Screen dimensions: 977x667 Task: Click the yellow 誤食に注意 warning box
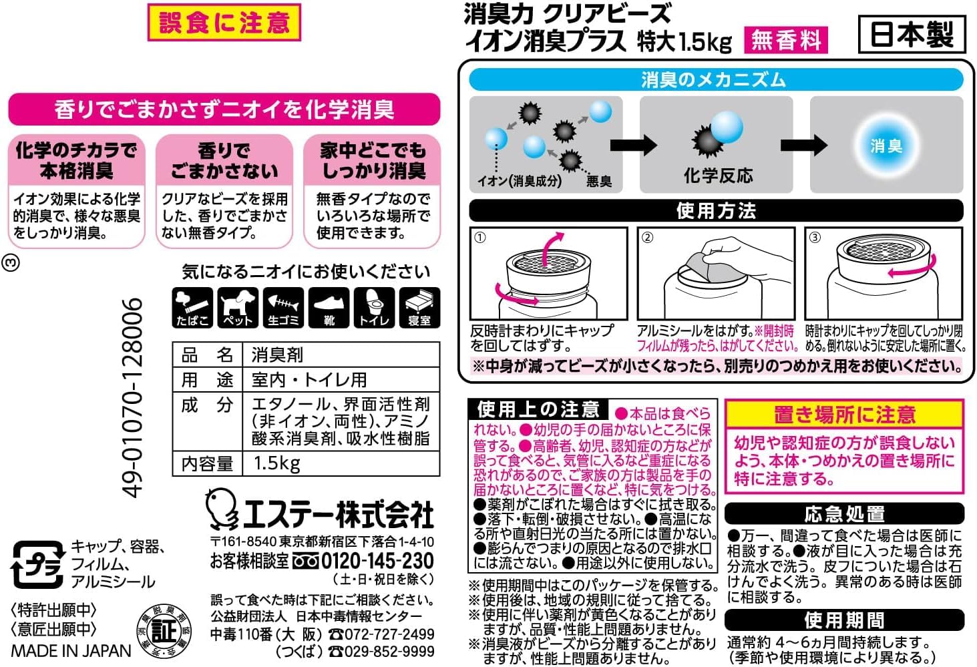[x=224, y=22]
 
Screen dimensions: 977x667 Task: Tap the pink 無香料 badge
[x=786, y=40]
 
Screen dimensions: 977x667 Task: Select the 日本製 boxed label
[x=912, y=34]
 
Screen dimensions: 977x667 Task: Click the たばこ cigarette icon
[x=192, y=307]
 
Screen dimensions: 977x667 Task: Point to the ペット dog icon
[x=238, y=307]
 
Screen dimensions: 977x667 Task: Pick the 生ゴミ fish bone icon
[x=283, y=307]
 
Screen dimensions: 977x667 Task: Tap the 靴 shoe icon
[x=329, y=307]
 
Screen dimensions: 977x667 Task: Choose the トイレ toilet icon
[x=374, y=307]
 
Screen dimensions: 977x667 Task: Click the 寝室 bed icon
[x=419, y=307]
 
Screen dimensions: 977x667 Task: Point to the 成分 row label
[x=207, y=405]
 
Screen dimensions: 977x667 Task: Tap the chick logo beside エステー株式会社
[x=221, y=509]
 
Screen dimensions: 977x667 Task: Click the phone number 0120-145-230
[x=378, y=561]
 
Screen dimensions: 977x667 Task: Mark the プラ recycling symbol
[x=38, y=565]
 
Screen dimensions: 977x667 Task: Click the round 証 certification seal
[x=164, y=631]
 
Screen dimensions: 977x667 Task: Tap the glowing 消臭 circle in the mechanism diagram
[x=886, y=145]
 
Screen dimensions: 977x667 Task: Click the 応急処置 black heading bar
[x=844, y=514]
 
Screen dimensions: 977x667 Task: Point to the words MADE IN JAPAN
[x=71, y=651]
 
